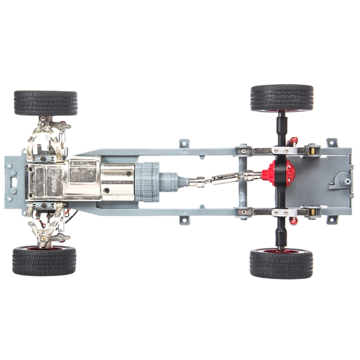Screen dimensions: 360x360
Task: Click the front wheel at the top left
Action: [46, 103]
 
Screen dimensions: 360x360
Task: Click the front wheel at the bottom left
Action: [44, 261]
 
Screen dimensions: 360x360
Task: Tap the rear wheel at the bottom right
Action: [282, 264]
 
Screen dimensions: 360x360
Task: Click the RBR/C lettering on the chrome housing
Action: [54, 182]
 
